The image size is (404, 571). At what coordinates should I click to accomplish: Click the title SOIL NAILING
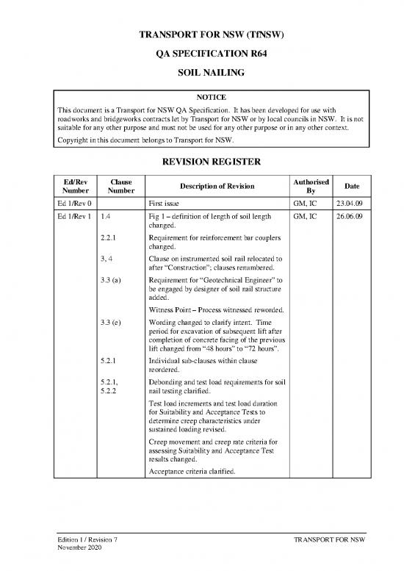click(x=202, y=74)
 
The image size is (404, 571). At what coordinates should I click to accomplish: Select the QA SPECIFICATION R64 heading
click(x=202, y=54)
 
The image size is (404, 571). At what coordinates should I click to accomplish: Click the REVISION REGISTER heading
click(x=202, y=162)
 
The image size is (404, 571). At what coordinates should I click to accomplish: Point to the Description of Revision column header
click(x=217, y=184)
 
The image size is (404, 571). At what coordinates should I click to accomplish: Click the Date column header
click(x=350, y=184)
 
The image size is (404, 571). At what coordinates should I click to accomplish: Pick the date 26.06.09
click(x=349, y=218)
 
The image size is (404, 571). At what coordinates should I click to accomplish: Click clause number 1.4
click(x=106, y=218)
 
